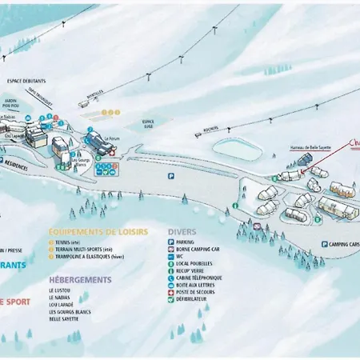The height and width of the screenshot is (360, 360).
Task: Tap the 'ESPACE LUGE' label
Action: point(149,122)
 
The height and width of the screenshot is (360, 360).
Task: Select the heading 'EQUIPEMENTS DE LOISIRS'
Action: point(98,231)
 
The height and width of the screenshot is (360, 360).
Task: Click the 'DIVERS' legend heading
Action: point(182,231)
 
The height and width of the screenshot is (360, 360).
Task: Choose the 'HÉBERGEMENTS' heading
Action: point(80,280)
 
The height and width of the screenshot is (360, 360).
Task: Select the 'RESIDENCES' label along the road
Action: point(16,160)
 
